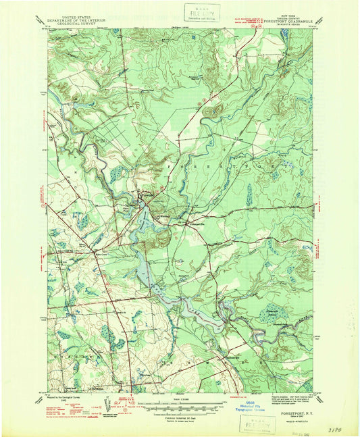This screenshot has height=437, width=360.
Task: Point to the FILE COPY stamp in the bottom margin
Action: point(257,424)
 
